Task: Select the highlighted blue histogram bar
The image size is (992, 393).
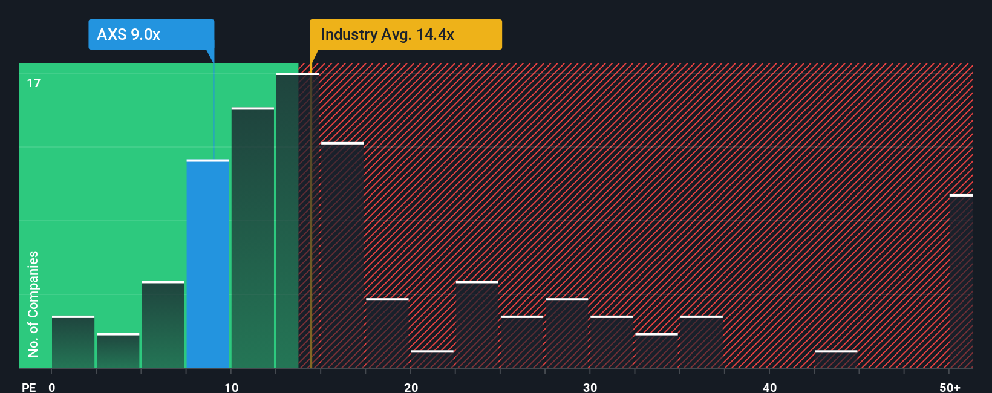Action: pyautogui.click(x=207, y=264)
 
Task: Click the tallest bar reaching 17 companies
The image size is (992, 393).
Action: pyautogui.click(x=297, y=221)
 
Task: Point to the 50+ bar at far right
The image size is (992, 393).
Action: pyautogui.click(x=961, y=281)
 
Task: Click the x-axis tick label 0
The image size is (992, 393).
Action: pyautogui.click(x=52, y=387)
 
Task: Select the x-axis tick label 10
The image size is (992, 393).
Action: pyautogui.click(x=231, y=387)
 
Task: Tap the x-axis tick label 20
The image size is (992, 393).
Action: pyautogui.click(x=411, y=387)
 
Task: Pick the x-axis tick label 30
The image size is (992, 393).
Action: pyautogui.click(x=590, y=387)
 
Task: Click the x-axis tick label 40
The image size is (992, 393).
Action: pyautogui.click(x=769, y=387)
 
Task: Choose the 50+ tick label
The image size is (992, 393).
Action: pyautogui.click(x=950, y=387)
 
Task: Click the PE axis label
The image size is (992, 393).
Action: pyautogui.click(x=28, y=387)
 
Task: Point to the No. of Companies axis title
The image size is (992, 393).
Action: pyautogui.click(x=33, y=304)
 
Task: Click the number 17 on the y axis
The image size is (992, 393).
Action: pyautogui.click(x=34, y=83)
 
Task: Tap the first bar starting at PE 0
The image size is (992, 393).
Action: pyautogui.click(x=73, y=342)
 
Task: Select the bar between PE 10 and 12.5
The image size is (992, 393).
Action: pyautogui.click(x=252, y=238)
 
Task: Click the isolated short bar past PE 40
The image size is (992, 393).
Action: pyautogui.click(x=835, y=359)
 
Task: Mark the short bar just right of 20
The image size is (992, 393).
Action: pyautogui.click(x=432, y=359)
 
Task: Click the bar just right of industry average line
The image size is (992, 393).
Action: pyautogui.click(x=342, y=255)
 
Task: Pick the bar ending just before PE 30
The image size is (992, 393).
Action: pyautogui.click(x=566, y=333)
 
